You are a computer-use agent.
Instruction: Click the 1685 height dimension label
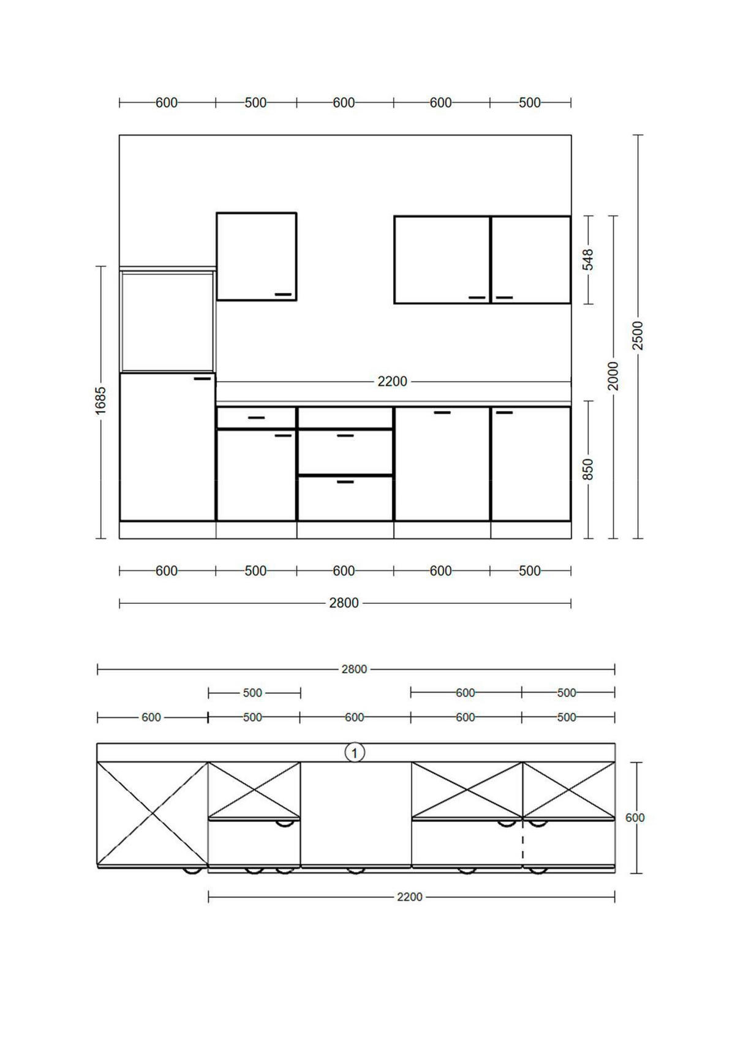click(x=101, y=400)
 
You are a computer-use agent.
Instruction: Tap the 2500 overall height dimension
click(x=638, y=335)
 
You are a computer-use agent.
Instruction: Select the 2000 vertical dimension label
click(x=613, y=375)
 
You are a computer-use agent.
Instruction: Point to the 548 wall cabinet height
click(x=588, y=260)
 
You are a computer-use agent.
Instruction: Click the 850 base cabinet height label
click(x=588, y=469)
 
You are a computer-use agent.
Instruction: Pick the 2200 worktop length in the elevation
click(x=392, y=382)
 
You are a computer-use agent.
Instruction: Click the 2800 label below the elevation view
click(x=344, y=603)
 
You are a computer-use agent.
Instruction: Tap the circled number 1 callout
click(x=355, y=752)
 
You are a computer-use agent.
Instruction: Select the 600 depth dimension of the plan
click(x=635, y=818)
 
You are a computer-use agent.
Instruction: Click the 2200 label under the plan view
click(x=409, y=897)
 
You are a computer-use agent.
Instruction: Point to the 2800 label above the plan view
click(x=354, y=669)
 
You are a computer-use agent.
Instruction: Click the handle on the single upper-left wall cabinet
click(x=283, y=295)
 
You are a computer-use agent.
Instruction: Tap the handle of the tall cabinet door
click(x=202, y=379)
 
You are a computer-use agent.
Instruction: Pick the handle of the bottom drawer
click(x=345, y=482)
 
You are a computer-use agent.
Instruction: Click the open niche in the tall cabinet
click(x=167, y=322)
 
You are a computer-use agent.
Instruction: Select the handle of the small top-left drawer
click(x=257, y=418)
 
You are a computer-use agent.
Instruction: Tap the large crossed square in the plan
click(x=153, y=813)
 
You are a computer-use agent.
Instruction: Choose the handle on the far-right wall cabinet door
click(x=504, y=298)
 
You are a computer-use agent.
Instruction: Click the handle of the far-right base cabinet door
click(x=504, y=412)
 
